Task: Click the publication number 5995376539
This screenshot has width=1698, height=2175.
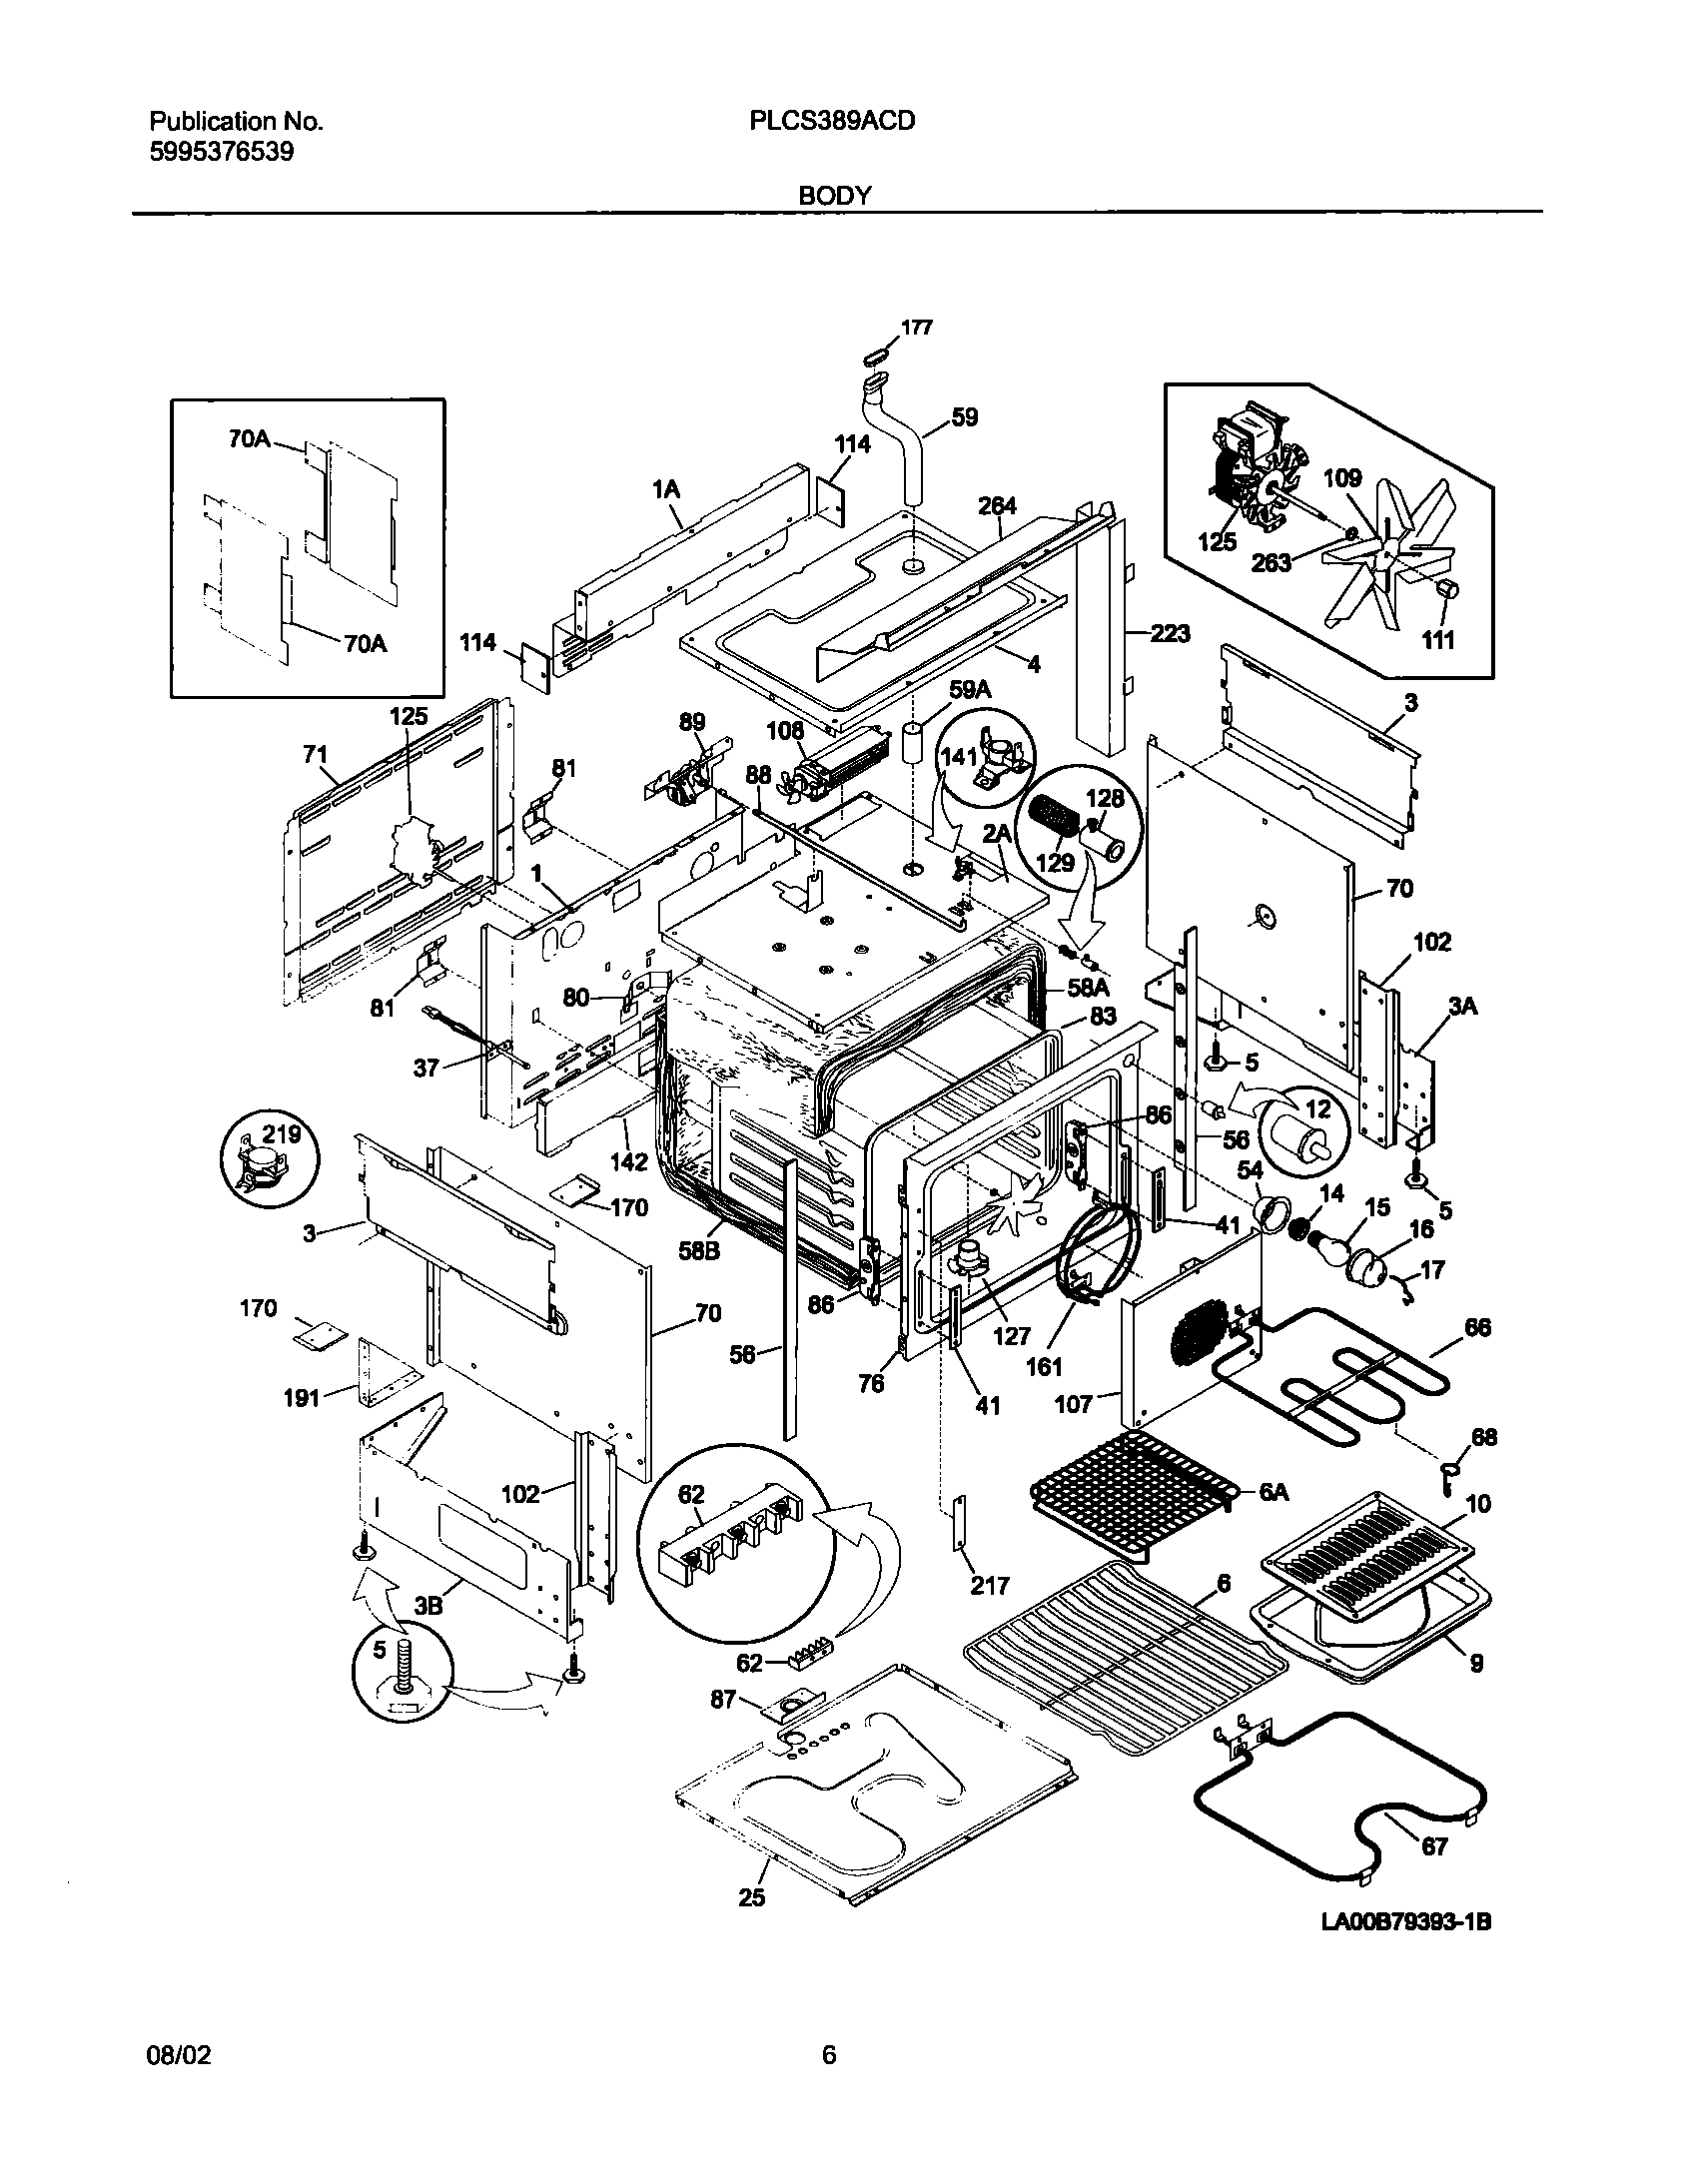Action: pos(222,153)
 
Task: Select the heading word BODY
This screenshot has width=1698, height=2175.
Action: pos(834,196)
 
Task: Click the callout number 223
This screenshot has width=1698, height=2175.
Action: pos(1170,633)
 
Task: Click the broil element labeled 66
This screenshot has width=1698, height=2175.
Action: pos(1393,1376)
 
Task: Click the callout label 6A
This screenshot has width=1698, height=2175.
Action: pos(1273,1519)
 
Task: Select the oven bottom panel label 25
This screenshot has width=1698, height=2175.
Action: pos(751,1924)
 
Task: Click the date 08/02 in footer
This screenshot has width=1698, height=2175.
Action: pos(180,2082)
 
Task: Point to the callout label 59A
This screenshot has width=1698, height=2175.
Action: pos(969,689)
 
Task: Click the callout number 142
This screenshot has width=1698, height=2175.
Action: pos(630,1162)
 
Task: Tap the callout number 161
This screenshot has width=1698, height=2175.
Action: pos(1045,1366)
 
